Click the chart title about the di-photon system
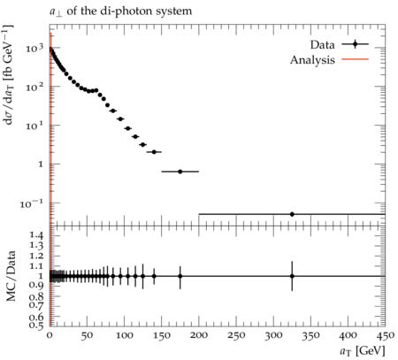click(x=120, y=11)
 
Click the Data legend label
click(x=322, y=45)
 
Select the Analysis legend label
click(x=312, y=60)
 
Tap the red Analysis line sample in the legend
click(x=356, y=59)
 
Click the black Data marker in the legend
click(x=356, y=44)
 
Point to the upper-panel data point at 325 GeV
click(x=292, y=214)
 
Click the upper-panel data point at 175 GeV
click(x=180, y=172)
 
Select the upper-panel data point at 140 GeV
click(x=154, y=152)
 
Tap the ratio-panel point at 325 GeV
click(x=292, y=276)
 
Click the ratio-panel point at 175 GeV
click(x=180, y=276)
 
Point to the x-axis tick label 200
click(x=199, y=335)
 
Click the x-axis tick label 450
click(x=386, y=335)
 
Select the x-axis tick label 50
click(x=87, y=335)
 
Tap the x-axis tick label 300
click(x=273, y=335)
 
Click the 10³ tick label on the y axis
click(x=34, y=48)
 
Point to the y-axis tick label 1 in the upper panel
click(x=41, y=165)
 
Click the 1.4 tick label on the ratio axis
click(x=36, y=235)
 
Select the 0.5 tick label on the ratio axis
click(x=36, y=325)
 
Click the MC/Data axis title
click(x=11, y=276)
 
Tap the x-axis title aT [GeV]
click(x=363, y=351)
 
